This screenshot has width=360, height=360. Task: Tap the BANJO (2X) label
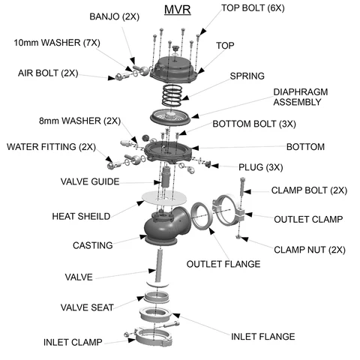coord(115,16)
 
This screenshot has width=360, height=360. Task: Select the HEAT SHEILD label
coord(81,216)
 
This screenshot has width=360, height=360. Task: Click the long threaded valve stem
coord(158,266)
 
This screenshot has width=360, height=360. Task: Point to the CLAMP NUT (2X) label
coord(308,249)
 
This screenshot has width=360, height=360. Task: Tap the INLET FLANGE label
coord(262,336)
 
